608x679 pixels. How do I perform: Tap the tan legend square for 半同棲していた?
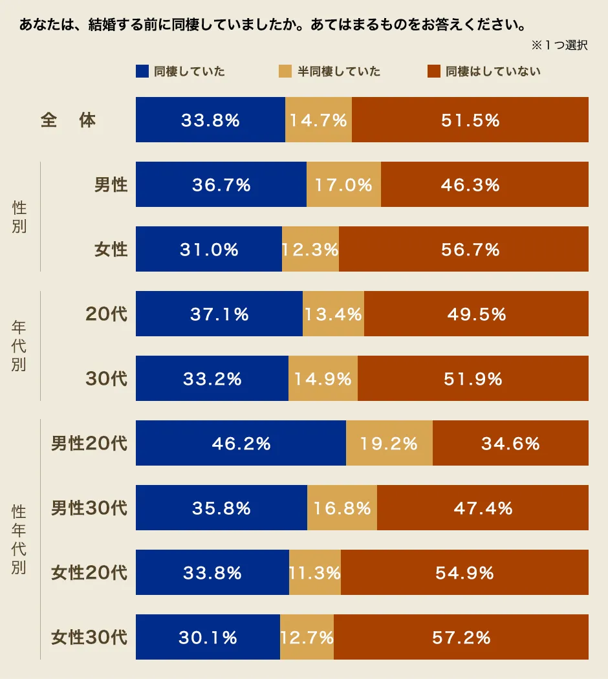point(285,71)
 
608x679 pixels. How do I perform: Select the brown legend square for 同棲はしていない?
point(433,71)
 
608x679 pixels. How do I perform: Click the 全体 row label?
point(68,120)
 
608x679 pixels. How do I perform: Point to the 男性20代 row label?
point(89,444)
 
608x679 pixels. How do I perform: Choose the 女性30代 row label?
point(89,638)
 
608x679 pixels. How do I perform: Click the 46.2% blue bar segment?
point(241,443)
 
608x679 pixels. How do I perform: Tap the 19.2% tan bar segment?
point(389,443)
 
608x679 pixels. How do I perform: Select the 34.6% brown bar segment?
point(510,443)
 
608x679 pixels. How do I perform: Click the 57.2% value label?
point(461,638)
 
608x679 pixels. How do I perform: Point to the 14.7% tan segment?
point(318,120)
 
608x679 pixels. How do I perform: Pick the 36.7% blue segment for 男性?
point(221,184)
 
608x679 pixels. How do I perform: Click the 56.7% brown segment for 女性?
point(464,249)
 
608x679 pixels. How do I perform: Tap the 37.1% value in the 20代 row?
point(219,314)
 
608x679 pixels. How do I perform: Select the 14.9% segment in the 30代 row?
point(323,378)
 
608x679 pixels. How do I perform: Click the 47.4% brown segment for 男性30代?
point(483,508)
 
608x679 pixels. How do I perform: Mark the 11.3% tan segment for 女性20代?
point(315,572)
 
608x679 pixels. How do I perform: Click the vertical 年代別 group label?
point(19,346)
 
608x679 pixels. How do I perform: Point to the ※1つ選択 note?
point(559,45)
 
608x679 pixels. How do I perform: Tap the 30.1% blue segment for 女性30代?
point(208,637)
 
